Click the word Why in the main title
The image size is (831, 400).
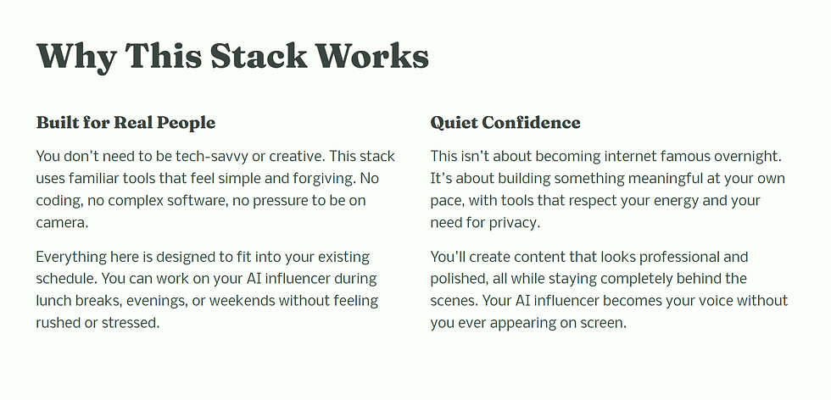[x=76, y=56]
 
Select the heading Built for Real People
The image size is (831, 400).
[x=125, y=122]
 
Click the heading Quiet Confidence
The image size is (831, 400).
[x=505, y=122]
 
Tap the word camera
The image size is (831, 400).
[x=62, y=223]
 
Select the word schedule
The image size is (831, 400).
[x=66, y=278]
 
